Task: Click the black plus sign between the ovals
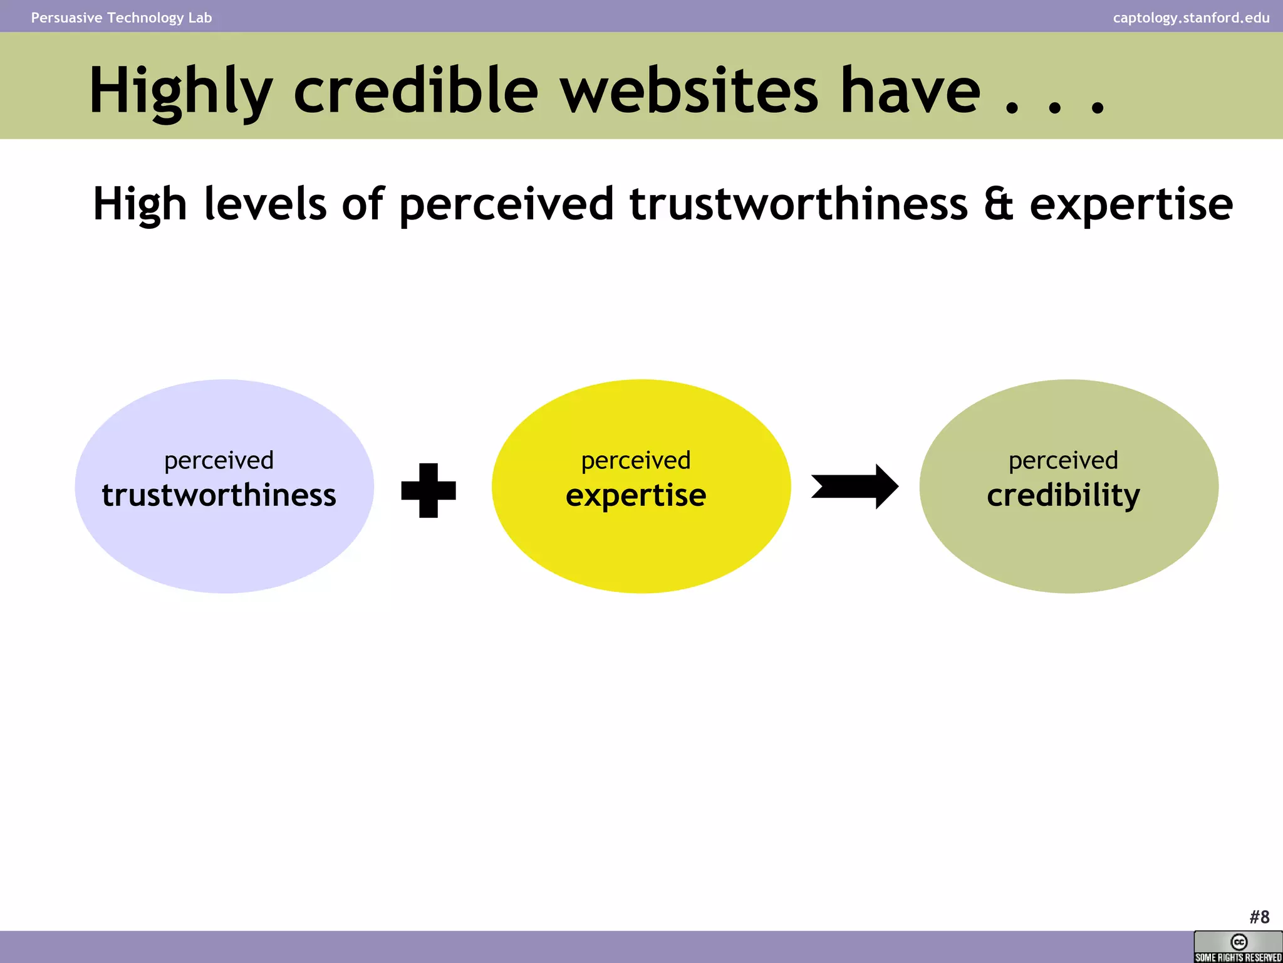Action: (429, 490)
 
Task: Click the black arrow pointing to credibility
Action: (855, 487)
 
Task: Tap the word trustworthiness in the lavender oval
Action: (219, 495)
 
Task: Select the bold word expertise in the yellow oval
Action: (636, 495)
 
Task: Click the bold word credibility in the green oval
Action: (1063, 495)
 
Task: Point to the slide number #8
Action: (1259, 917)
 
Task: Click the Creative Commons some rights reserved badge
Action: (1238, 947)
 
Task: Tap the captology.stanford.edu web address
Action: (1191, 18)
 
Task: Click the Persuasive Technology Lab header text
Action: (122, 18)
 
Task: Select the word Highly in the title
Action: (181, 91)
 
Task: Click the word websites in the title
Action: (689, 91)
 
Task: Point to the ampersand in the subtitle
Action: (998, 204)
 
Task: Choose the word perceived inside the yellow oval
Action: (636, 461)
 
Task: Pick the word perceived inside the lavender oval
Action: (219, 461)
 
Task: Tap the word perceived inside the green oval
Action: (1063, 461)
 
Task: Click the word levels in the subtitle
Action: (265, 204)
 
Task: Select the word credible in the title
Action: (415, 91)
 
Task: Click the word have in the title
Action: (910, 91)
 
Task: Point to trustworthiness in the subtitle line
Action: (799, 204)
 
